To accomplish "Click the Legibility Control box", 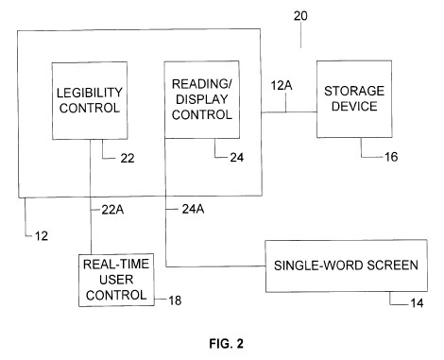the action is [x=90, y=100].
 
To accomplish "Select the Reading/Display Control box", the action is [x=202, y=99].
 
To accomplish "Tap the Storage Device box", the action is [x=354, y=99].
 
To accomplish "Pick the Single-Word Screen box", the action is [x=346, y=266].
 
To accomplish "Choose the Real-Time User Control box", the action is [x=116, y=280].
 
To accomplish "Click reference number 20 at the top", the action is [x=300, y=16].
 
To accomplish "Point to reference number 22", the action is [x=128, y=158].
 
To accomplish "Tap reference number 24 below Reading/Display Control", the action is [x=237, y=157].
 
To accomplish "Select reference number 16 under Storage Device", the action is [x=391, y=157].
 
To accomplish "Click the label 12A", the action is [x=282, y=85].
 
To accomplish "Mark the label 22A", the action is [x=112, y=210].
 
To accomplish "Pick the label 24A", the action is [x=193, y=209].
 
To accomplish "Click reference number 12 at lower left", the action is [x=42, y=236].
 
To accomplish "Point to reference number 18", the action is [x=175, y=300].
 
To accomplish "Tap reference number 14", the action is [x=417, y=303].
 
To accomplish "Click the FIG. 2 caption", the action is [x=227, y=343].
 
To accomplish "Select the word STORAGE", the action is [x=354, y=91].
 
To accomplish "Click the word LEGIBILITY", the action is [x=90, y=93].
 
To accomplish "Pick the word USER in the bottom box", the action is [x=116, y=280].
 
